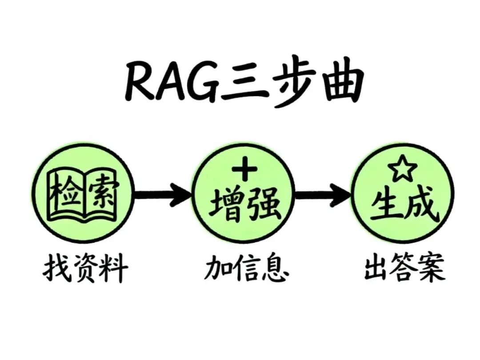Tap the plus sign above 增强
coord(245,170)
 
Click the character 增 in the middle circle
coord(226,205)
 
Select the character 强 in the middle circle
coord(263,205)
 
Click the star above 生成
coord(402,169)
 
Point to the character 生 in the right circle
coord(386,205)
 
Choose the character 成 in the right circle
coord(422,205)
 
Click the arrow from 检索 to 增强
coord(163,194)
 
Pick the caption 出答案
coord(404,269)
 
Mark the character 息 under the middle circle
coord(273,269)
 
